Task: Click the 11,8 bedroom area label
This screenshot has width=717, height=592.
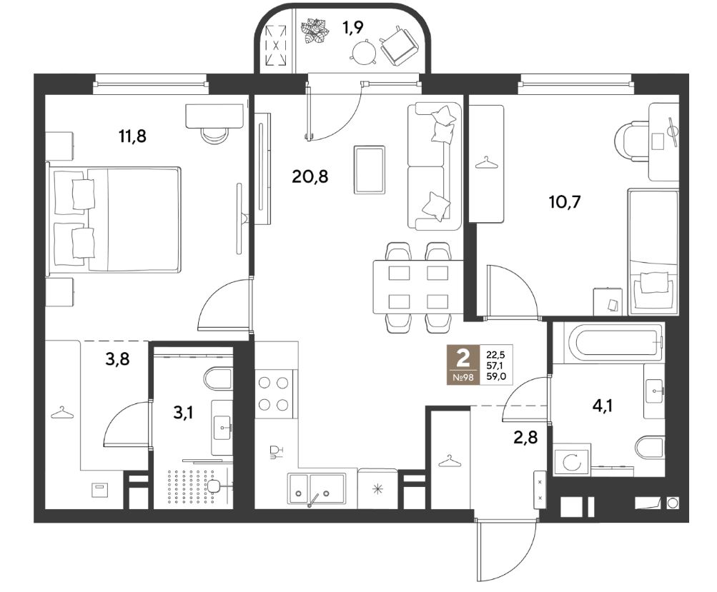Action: coord(133,136)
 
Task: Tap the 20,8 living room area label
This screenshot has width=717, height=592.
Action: coord(310,176)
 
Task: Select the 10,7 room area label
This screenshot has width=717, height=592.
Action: coord(565,201)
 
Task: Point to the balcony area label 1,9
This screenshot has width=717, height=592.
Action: coord(353,28)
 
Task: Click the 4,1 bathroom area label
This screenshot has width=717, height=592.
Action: coord(602,405)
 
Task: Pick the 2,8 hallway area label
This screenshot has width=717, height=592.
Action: coord(525,438)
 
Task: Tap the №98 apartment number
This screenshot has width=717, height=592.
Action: coord(463,377)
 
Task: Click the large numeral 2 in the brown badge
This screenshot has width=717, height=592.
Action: coord(463,358)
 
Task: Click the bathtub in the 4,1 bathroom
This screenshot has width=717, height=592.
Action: coord(609,343)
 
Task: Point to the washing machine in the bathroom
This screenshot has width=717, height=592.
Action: coord(572,463)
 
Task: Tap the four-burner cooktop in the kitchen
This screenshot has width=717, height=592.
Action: coord(274,393)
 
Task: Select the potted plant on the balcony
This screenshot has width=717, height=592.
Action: coord(315,31)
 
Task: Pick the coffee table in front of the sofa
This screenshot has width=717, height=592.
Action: coord(369,169)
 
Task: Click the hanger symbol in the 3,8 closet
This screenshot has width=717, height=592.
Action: coord(62,413)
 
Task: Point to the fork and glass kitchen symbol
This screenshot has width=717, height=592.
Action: coord(276,451)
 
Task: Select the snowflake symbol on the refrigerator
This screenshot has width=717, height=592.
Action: coord(377,489)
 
